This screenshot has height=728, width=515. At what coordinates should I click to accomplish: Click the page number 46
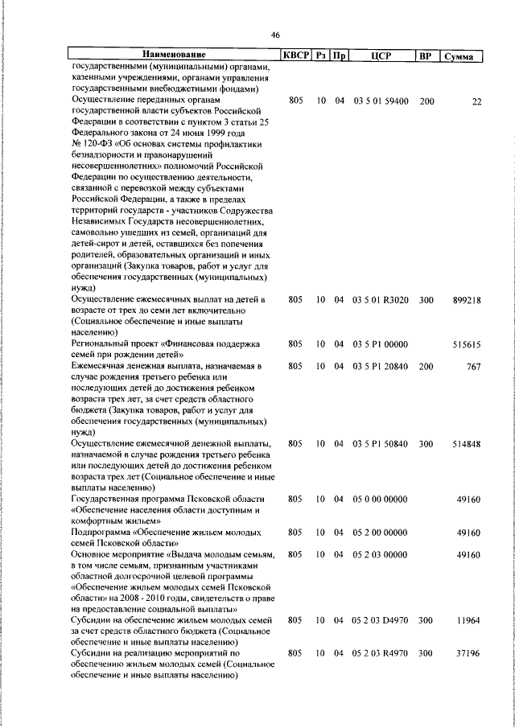click(275, 35)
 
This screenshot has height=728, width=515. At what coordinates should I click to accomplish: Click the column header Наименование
click(175, 56)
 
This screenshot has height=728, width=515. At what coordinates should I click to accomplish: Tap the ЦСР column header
click(381, 56)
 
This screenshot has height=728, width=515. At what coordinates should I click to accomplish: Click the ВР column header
click(426, 56)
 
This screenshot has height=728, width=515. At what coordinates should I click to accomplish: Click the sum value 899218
click(466, 300)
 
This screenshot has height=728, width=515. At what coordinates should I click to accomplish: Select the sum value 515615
click(466, 344)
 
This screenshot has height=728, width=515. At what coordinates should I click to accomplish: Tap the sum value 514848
click(466, 444)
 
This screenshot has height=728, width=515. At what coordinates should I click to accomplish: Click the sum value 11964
click(468, 621)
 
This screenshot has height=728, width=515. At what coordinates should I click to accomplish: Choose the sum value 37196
click(468, 654)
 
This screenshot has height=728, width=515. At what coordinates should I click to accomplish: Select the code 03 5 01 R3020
click(381, 300)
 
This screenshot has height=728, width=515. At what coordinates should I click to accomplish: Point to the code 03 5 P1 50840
click(381, 444)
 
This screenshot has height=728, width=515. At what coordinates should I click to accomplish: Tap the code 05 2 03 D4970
click(381, 621)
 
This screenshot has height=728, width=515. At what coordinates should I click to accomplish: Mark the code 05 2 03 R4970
click(381, 654)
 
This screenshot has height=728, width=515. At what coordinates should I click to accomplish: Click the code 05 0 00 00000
click(381, 500)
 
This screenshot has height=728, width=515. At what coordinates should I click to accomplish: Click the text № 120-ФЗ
click(94, 145)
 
